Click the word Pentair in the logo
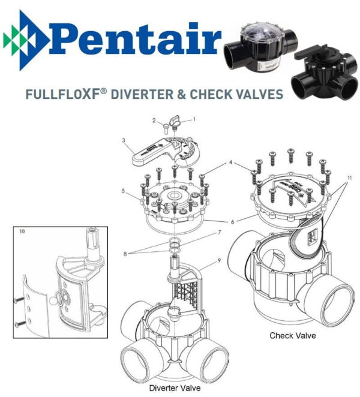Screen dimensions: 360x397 tap(135, 39)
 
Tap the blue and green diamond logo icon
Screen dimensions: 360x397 tap(25, 40)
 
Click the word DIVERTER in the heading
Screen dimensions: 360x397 tap(142, 94)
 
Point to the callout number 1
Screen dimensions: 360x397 tap(194, 119)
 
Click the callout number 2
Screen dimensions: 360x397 tap(154, 121)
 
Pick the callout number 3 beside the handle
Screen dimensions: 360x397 tap(124, 140)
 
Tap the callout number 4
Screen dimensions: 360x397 tap(230, 163)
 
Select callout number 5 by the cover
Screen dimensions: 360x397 tap(123, 191)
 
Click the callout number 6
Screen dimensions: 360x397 tap(233, 222)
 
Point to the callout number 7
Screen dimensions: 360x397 tap(220, 232)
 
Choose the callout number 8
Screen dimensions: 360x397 tap(125, 254)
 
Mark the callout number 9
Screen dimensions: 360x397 tap(219, 260)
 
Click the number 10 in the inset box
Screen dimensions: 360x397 tap(22, 231)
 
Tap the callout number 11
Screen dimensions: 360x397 tap(350, 178)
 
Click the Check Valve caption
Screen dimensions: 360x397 tap(293, 335)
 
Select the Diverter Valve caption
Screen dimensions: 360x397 tap(175, 388)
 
